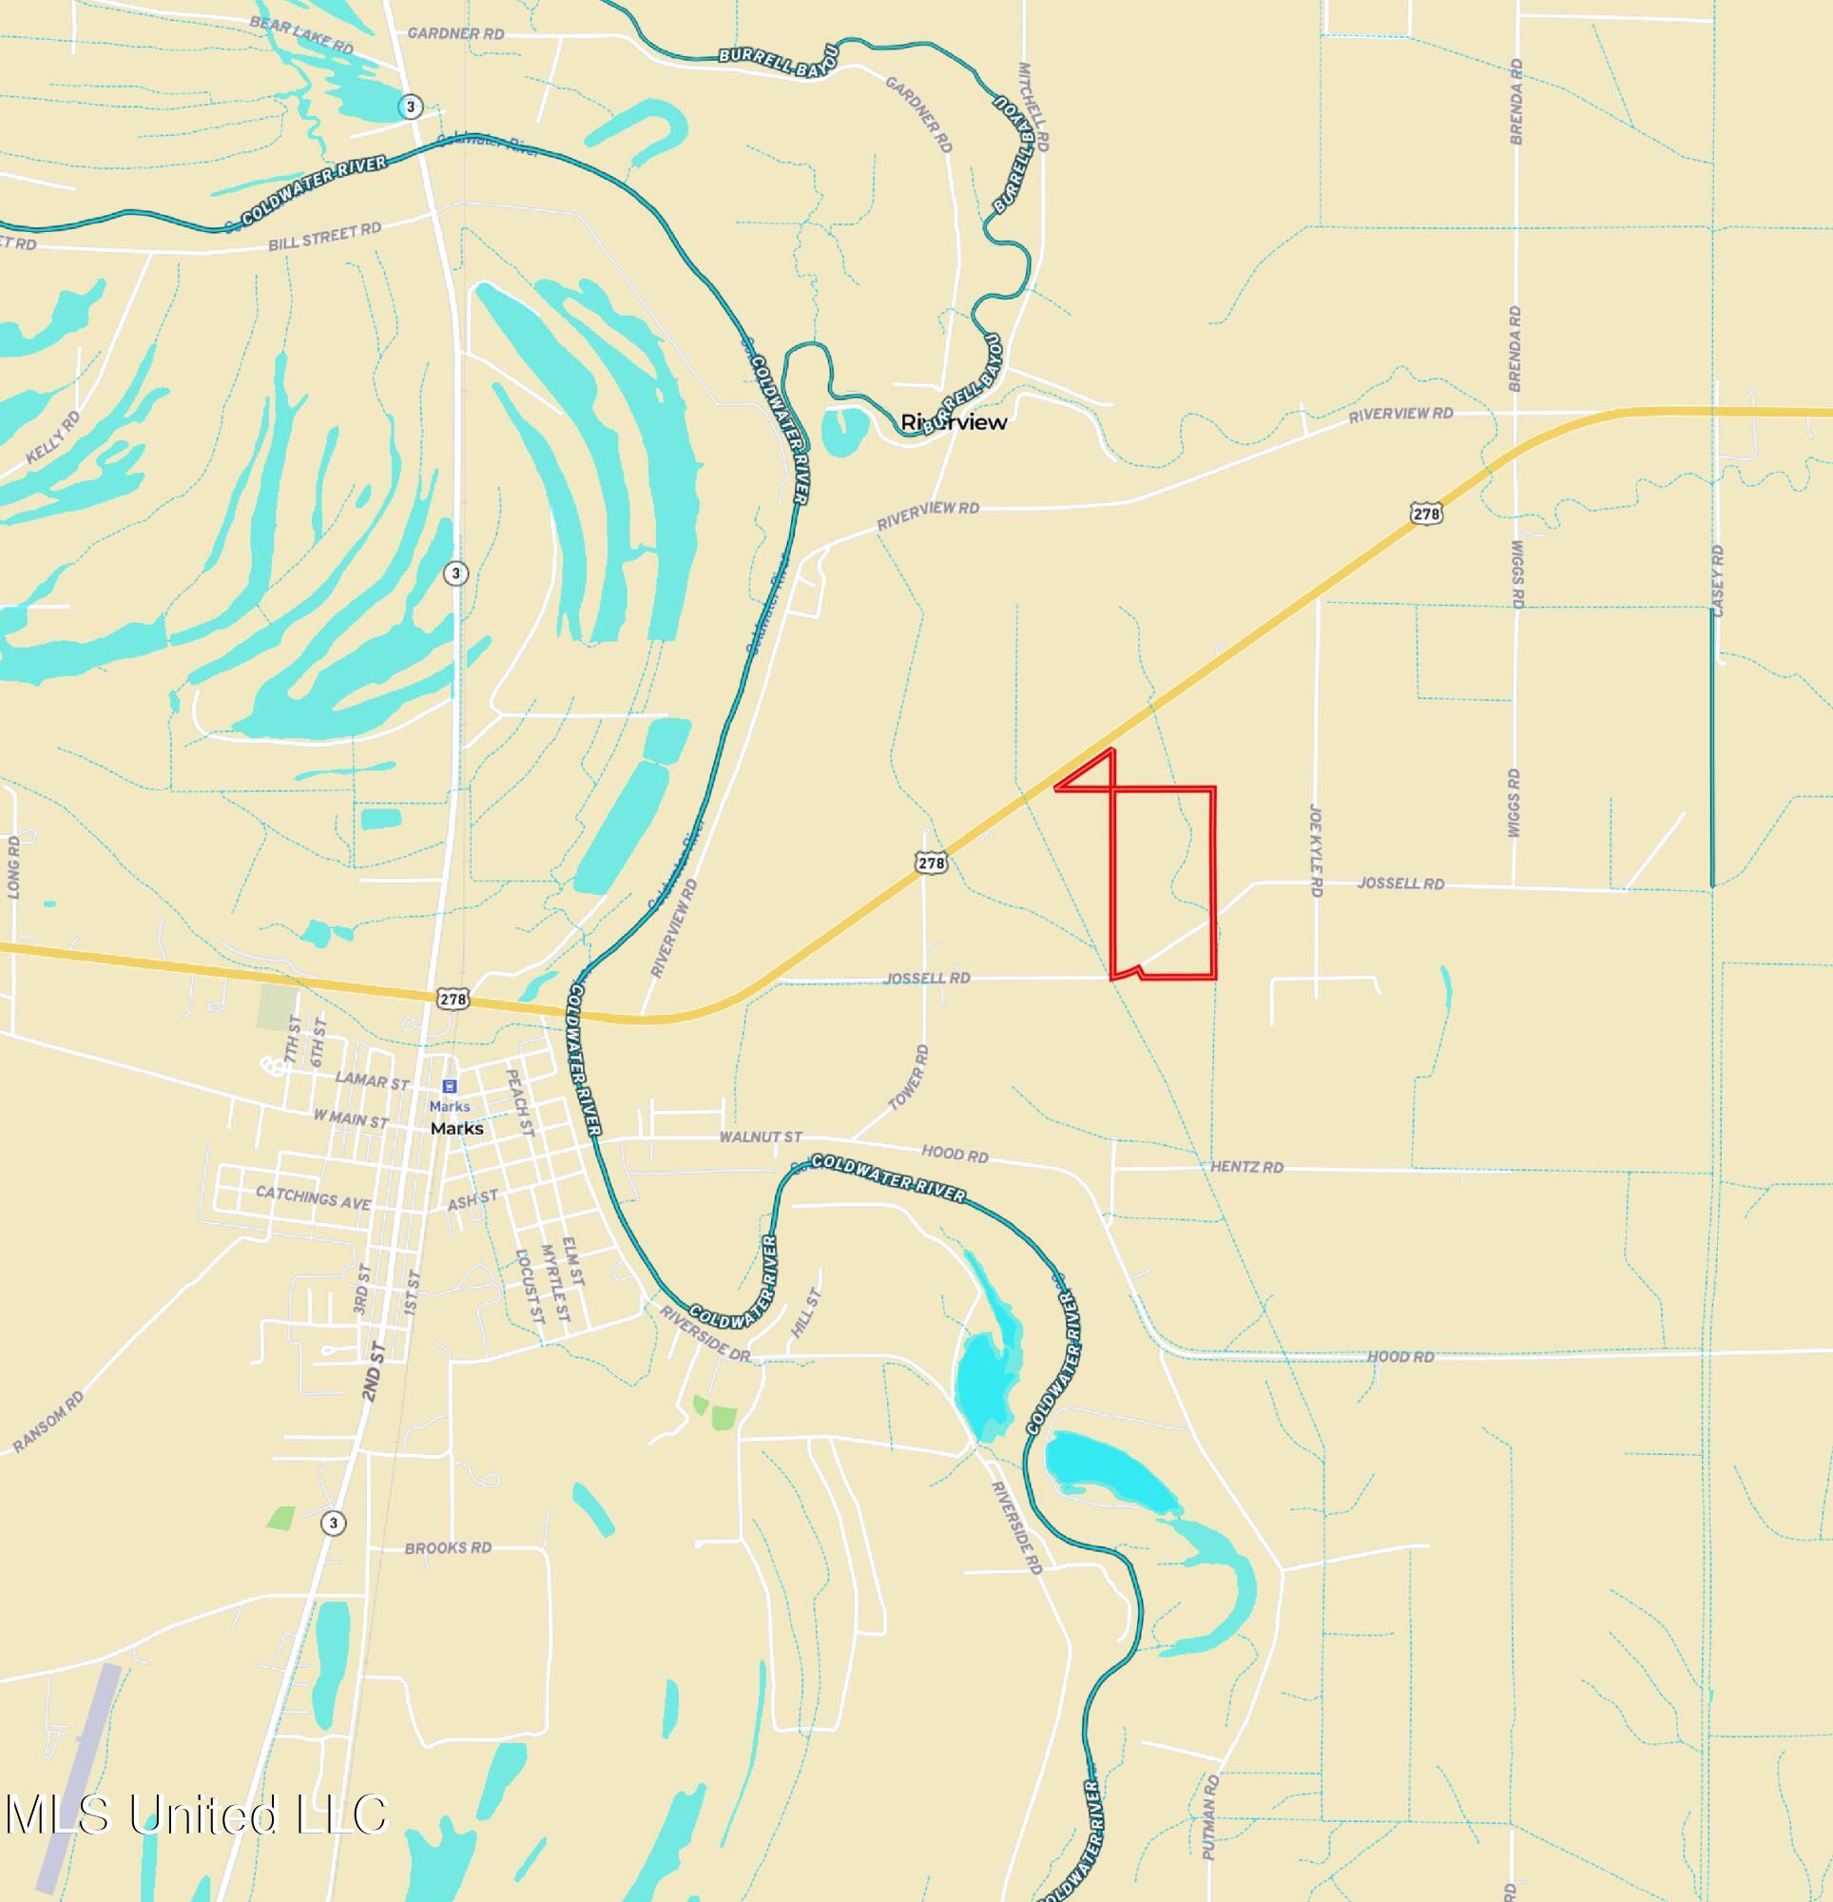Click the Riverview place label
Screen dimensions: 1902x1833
954,422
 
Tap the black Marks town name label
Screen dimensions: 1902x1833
457,1129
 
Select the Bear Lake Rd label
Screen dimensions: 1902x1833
300,34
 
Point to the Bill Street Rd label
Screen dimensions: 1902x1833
325,236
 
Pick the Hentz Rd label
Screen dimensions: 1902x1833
1247,1167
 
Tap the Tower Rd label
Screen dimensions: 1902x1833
908,1077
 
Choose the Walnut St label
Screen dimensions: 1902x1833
761,1136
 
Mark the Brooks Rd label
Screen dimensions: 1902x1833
449,1548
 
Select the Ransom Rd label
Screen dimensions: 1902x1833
48,1422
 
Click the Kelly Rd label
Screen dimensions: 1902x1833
54,437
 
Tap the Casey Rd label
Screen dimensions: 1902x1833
1718,580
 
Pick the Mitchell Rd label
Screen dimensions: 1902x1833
1033,107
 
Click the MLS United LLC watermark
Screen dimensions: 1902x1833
196,1814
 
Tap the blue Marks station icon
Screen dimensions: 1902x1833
449,1086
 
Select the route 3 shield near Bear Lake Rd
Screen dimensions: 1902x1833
412,106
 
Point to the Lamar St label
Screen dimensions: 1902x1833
372,1080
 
